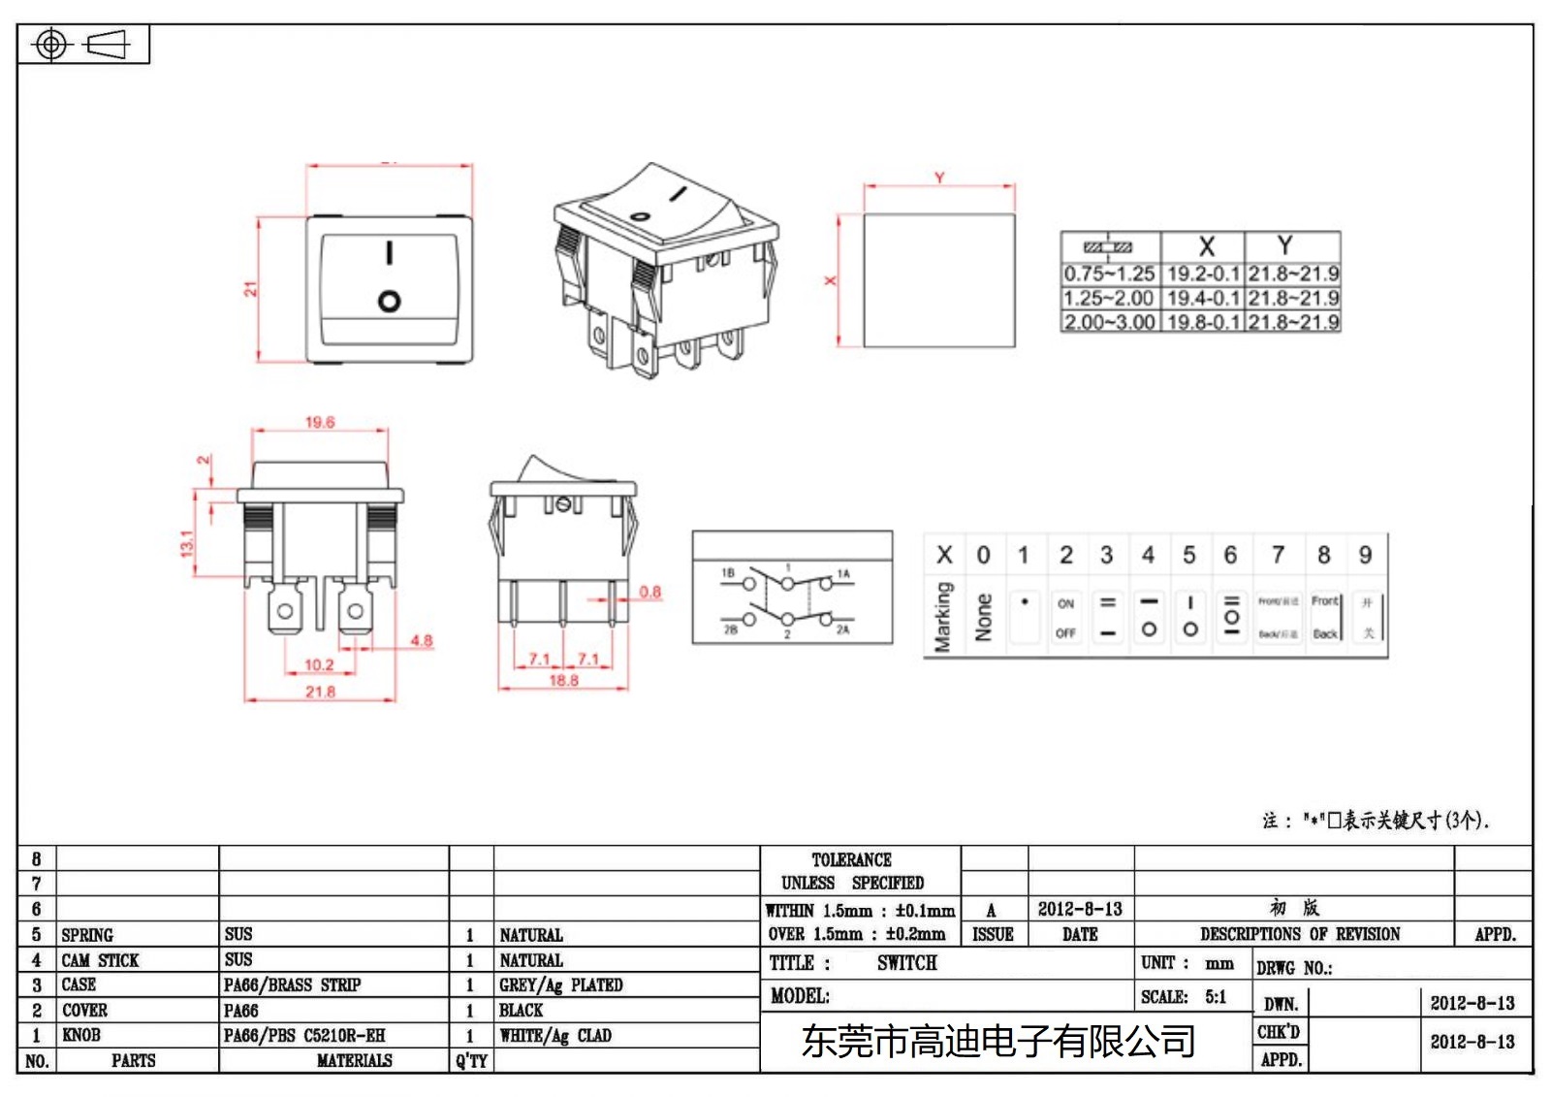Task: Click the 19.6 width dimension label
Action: point(320,422)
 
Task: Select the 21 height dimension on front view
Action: point(250,289)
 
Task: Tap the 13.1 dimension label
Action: point(187,542)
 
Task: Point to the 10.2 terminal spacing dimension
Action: point(319,664)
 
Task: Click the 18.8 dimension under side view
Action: point(563,681)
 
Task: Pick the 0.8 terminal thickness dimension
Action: point(649,592)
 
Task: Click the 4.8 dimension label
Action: point(421,640)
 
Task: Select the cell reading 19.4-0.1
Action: point(1202,298)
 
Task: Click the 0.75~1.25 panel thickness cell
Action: point(1109,274)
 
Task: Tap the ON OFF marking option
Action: point(1065,618)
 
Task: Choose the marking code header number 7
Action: point(1278,555)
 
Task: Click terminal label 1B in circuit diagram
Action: point(728,573)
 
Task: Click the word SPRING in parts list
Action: point(87,935)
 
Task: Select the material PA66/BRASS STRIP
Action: point(292,984)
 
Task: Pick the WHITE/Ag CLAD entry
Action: point(554,1035)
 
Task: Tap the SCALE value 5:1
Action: point(1216,996)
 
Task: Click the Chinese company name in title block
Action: point(997,1041)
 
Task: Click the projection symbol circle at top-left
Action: point(51,45)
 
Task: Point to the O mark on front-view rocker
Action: point(389,301)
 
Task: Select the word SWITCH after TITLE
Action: point(906,963)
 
